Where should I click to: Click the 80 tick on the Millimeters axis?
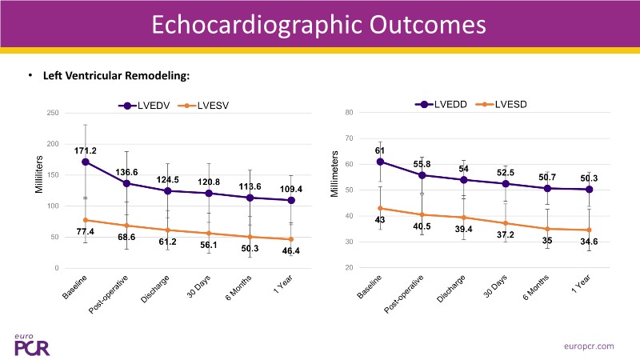[349, 113]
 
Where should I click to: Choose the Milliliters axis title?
[38, 174]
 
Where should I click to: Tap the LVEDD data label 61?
[380, 150]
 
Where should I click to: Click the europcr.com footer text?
[587, 346]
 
